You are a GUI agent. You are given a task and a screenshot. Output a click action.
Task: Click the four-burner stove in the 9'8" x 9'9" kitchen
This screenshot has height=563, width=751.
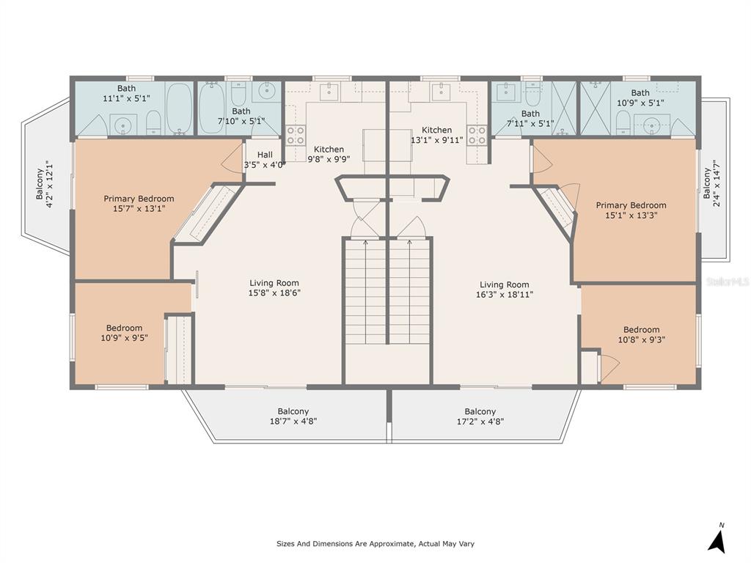click(296, 135)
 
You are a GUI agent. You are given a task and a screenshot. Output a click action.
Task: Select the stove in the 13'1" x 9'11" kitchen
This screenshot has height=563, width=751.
click(477, 135)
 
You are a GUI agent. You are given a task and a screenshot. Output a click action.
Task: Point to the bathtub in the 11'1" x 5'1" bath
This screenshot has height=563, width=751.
click(179, 109)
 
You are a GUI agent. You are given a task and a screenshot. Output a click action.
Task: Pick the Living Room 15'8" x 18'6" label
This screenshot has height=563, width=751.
click(274, 287)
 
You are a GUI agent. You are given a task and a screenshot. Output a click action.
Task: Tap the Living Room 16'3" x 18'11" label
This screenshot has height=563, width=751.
click(505, 290)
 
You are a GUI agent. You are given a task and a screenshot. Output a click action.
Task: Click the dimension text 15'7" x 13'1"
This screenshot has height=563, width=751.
click(139, 208)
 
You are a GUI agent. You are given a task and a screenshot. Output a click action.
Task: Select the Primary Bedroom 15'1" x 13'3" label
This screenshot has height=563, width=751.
click(631, 210)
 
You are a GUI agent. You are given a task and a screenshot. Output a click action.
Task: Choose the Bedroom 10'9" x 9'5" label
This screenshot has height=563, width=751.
click(124, 333)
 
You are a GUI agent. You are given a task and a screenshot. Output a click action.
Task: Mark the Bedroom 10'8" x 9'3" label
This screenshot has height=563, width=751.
click(641, 334)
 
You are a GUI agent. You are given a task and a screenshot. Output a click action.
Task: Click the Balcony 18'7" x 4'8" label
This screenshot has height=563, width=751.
click(293, 416)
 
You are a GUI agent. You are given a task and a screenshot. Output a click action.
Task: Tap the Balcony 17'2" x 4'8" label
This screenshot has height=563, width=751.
click(480, 416)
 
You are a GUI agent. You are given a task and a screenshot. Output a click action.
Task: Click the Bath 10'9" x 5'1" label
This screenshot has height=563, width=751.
click(640, 97)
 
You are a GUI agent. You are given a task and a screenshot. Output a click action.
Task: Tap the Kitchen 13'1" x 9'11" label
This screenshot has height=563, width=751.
click(437, 135)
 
